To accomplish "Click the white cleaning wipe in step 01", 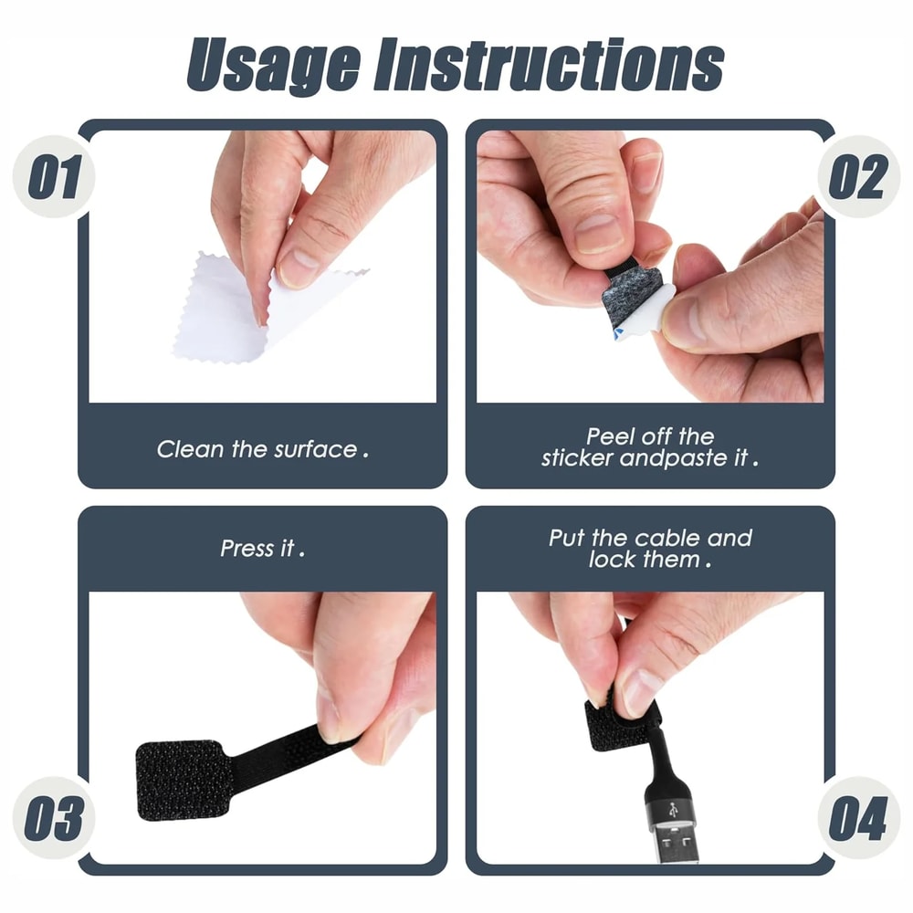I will click(228, 315).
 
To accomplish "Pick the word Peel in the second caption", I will click(610, 436).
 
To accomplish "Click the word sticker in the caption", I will click(577, 458).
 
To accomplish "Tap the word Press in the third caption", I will click(247, 549).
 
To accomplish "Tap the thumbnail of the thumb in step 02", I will click(599, 232).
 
